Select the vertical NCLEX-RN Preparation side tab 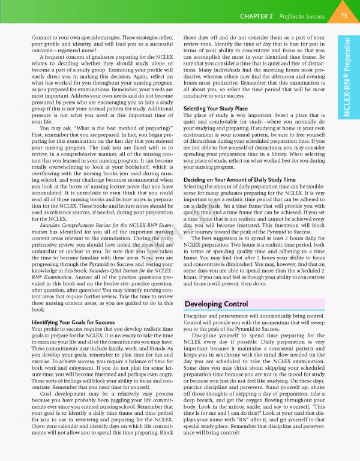point(347,77)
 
